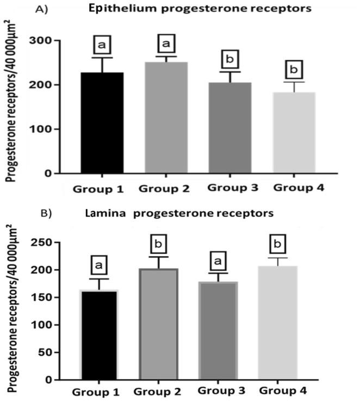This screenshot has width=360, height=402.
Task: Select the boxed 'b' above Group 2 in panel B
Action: (162, 244)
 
